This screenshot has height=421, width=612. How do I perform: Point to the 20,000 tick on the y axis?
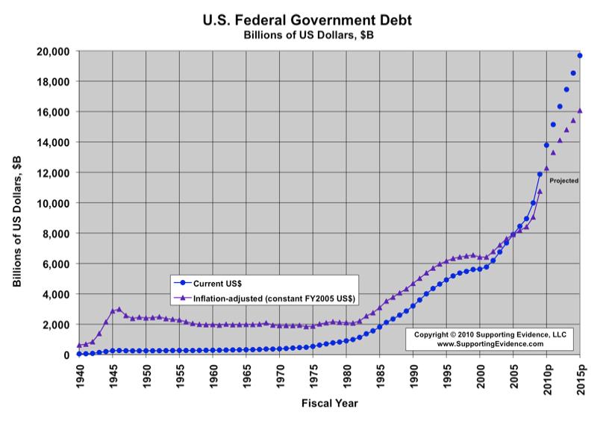point(54,51)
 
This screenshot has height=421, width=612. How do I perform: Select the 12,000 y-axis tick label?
point(54,172)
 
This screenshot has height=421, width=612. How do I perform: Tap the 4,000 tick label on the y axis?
point(56,294)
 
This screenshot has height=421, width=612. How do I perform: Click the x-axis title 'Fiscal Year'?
point(329,403)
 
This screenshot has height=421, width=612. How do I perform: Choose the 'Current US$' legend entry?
point(216,284)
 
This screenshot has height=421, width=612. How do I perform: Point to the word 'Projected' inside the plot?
point(563,181)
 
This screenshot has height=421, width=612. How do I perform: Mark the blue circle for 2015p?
point(580,56)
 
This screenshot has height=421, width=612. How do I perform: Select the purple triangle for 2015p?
point(580,110)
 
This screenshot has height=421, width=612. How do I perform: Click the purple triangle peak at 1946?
point(119,309)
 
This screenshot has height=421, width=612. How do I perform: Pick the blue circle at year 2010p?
point(546,145)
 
